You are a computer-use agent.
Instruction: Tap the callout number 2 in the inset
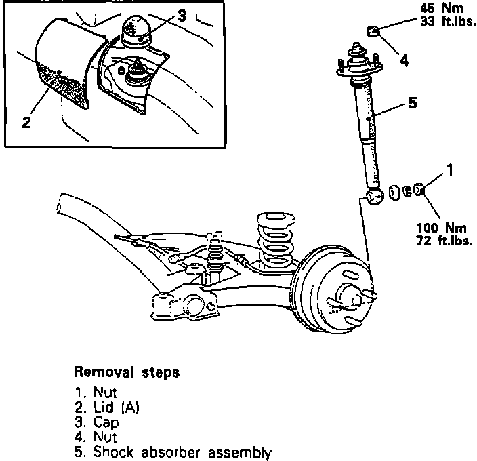(x=26, y=122)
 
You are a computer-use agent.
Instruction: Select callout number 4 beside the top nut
(x=405, y=61)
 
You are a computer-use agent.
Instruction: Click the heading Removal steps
(x=127, y=372)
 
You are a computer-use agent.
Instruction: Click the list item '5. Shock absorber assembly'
(x=172, y=452)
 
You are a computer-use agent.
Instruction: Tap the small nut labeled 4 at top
(x=373, y=30)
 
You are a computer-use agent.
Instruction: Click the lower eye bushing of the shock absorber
(x=374, y=197)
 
